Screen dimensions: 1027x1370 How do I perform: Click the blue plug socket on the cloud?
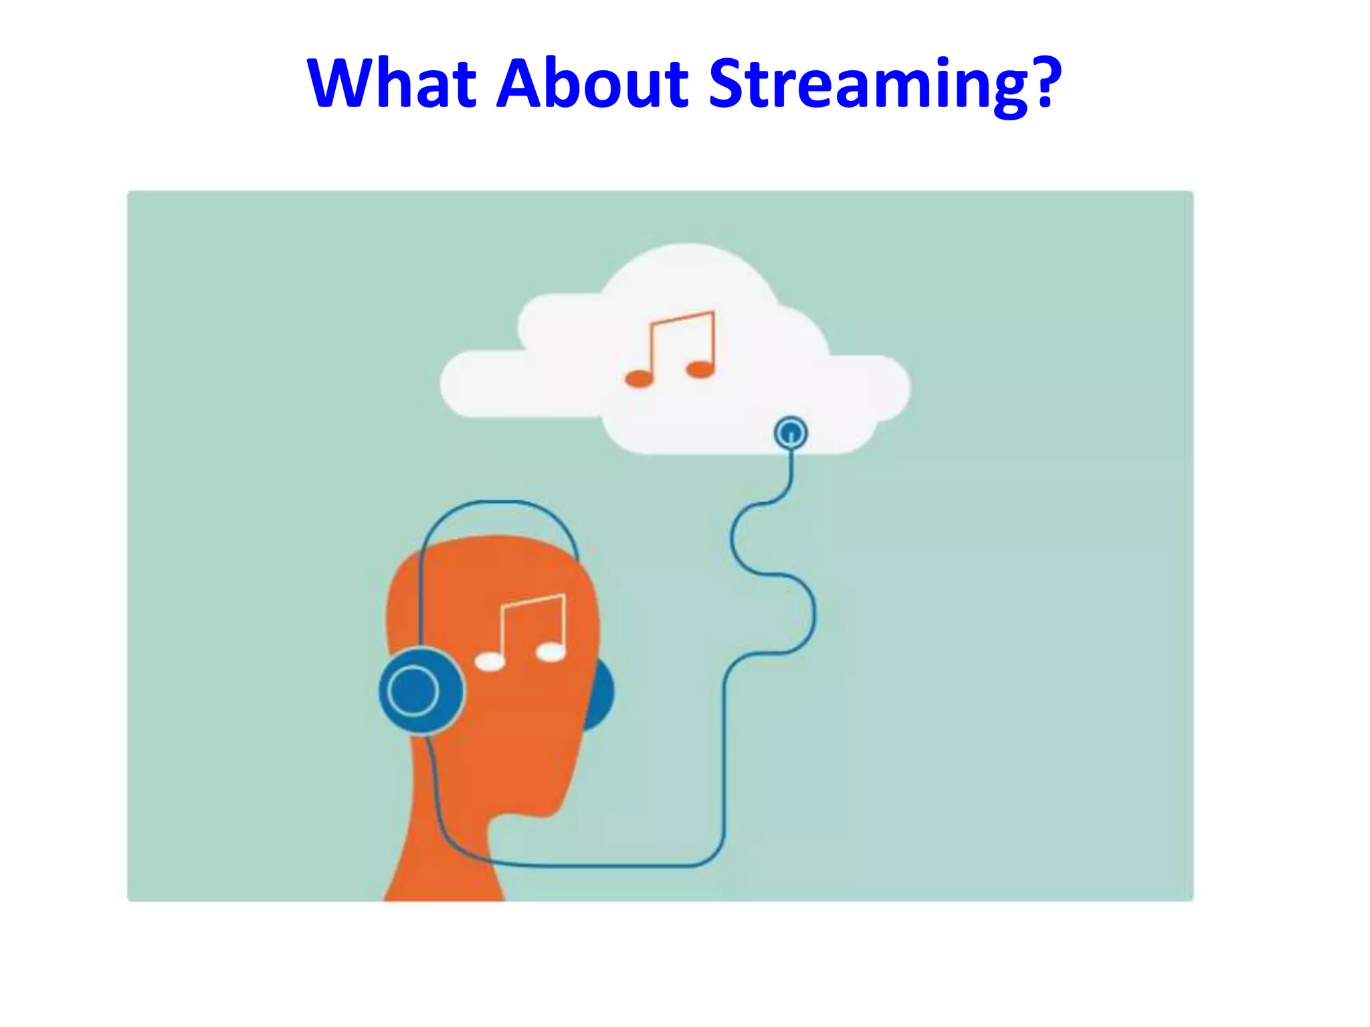tap(791, 433)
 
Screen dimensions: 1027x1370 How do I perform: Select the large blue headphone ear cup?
tap(421, 691)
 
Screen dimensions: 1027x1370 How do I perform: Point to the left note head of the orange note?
tap(639, 379)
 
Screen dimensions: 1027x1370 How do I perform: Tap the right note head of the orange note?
tap(700, 369)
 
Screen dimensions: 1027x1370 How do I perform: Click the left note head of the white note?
tap(490, 662)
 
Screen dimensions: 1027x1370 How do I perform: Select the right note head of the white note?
tap(551, 652)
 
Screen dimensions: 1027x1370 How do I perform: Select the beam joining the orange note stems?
tap(682, 318)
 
